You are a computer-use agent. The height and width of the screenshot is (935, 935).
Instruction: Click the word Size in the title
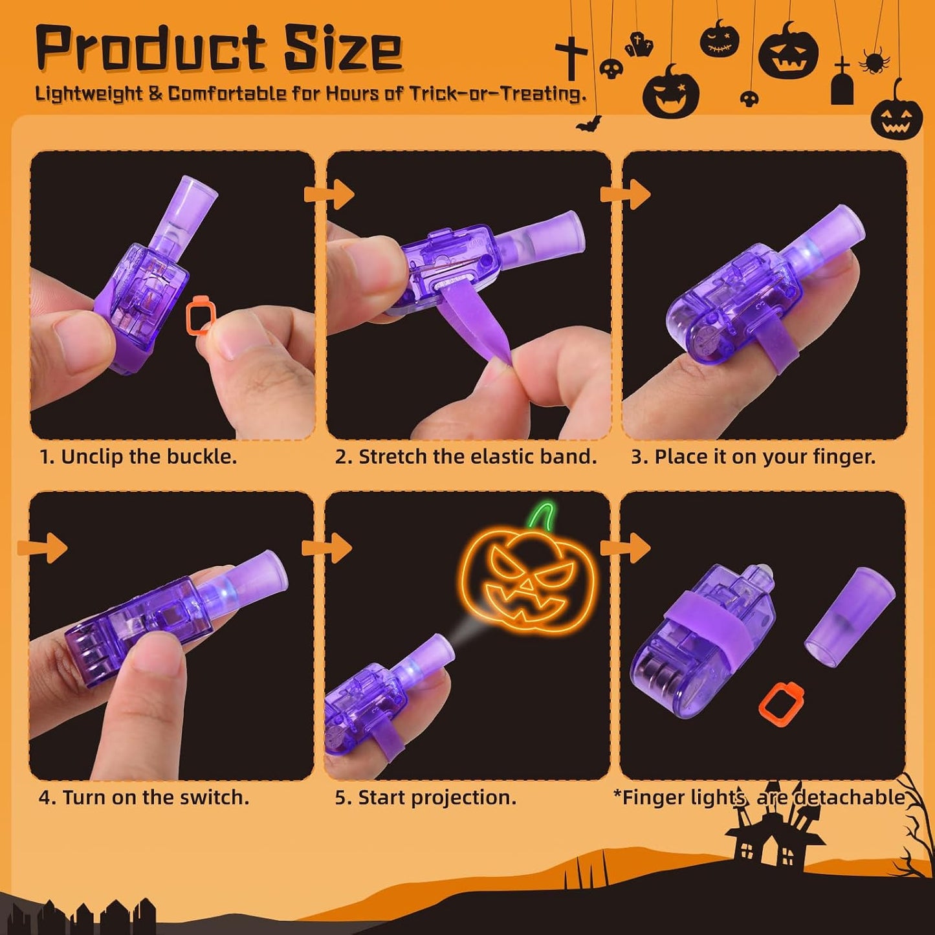click(x=343, y=49)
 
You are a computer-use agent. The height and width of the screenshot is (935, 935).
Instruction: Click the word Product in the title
click(x=151, y=49)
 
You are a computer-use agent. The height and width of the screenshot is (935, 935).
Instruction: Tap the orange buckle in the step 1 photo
click(x=201, y=315)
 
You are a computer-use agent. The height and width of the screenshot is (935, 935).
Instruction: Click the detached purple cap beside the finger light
click(x=850, y=615)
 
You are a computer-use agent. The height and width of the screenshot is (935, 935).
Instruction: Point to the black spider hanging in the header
click(x=874, y=61)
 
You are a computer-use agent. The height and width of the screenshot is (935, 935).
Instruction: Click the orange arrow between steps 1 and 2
click(x=329, y=194)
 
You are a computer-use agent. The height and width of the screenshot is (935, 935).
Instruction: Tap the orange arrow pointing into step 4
click(x=42, y=548)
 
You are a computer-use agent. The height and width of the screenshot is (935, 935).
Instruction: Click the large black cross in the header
click(x=571, y=58)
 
